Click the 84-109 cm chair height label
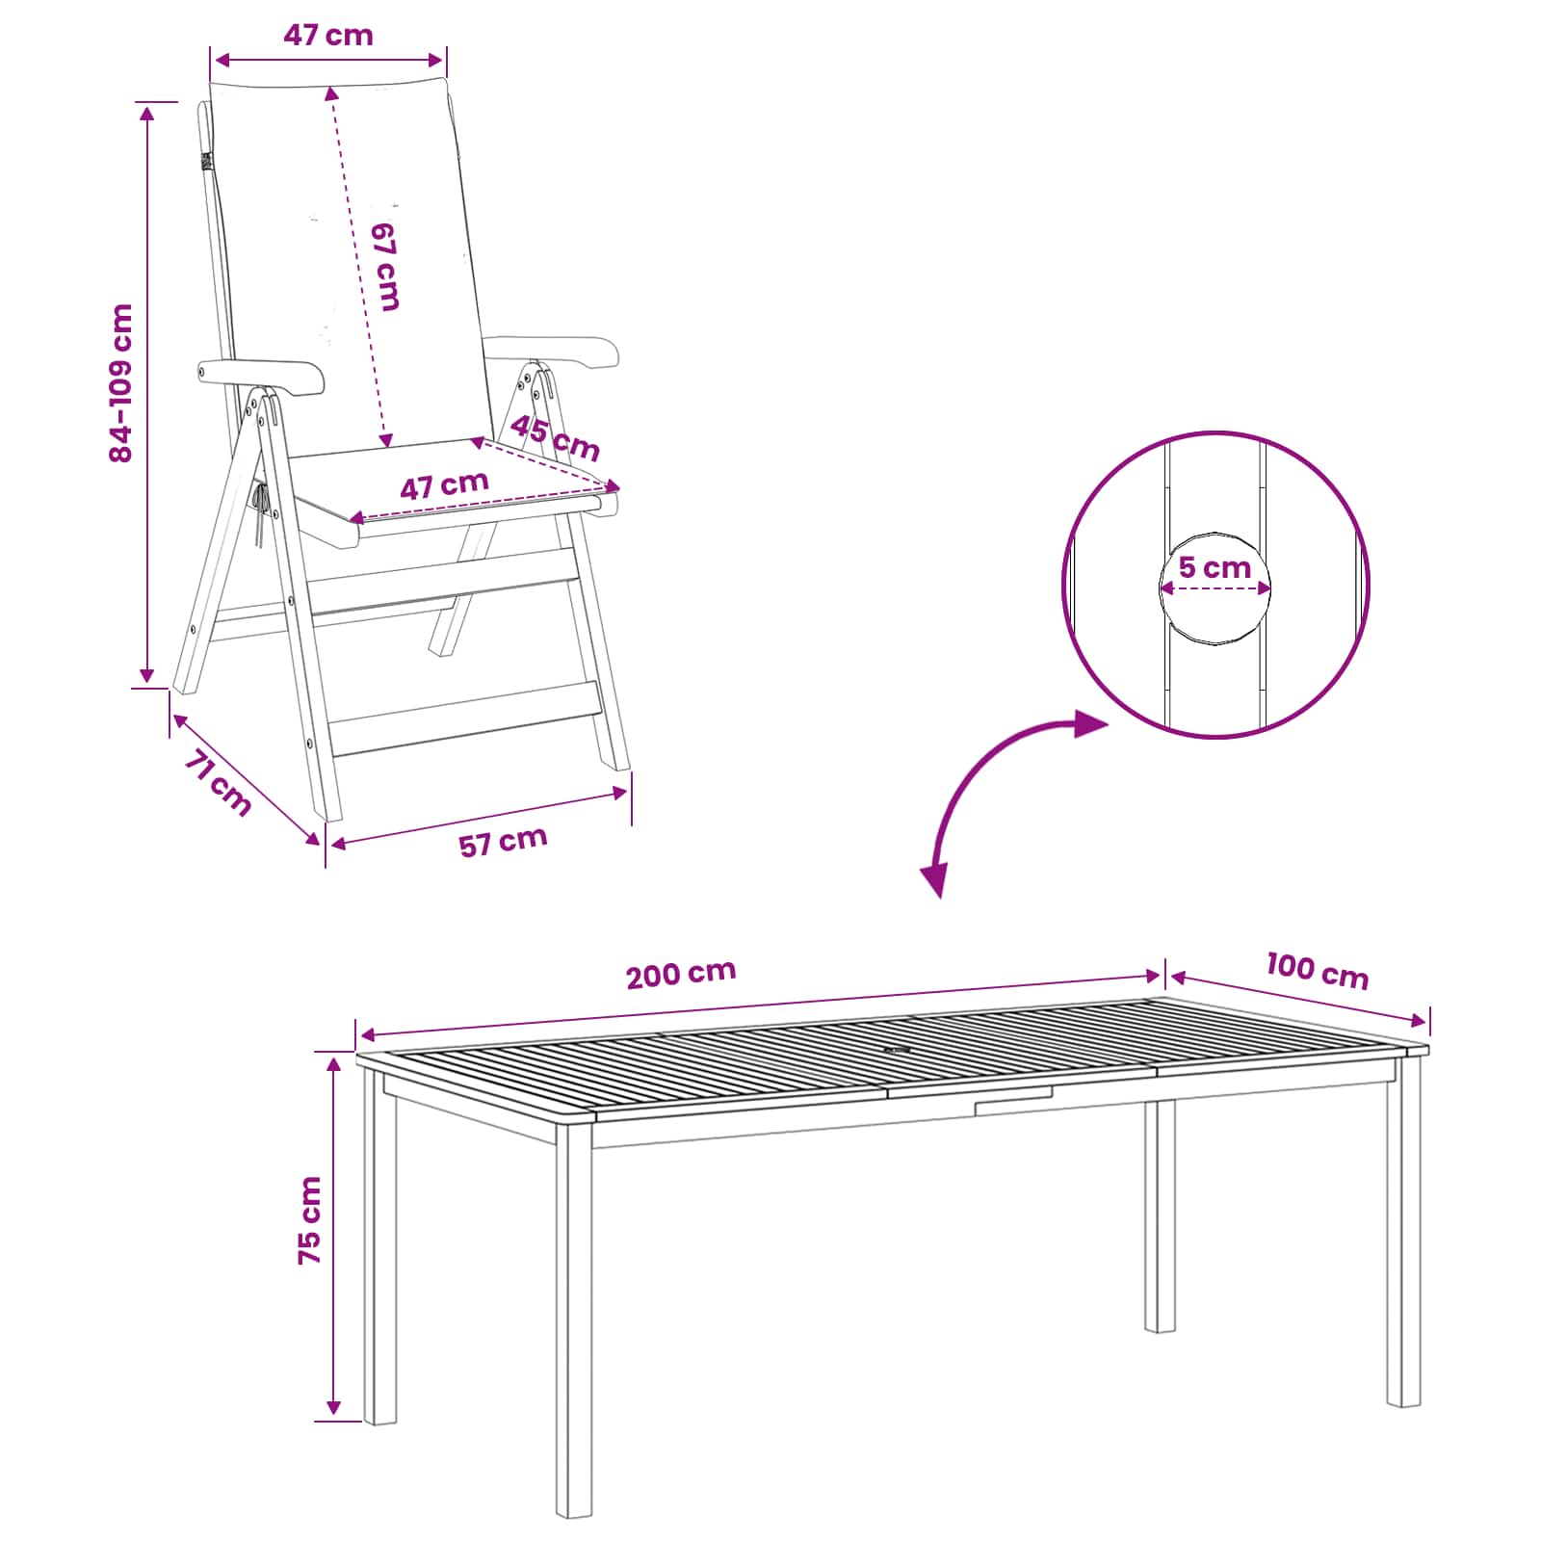coord(121,382)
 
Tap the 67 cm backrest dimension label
coord(385,267)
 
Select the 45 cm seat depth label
coord(555,437)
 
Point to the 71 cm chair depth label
coord(218,782)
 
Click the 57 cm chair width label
coord(503,842)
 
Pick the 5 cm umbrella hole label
coord(1215,567)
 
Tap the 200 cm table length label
coord(681,974)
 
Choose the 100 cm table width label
coord(1317,970)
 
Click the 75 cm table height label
coord(310,1219)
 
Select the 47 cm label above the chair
coord(328,35)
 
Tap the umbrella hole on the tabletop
coord(898,1050)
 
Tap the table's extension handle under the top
coord(1013,1102)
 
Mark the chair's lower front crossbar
coord(466,719)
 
